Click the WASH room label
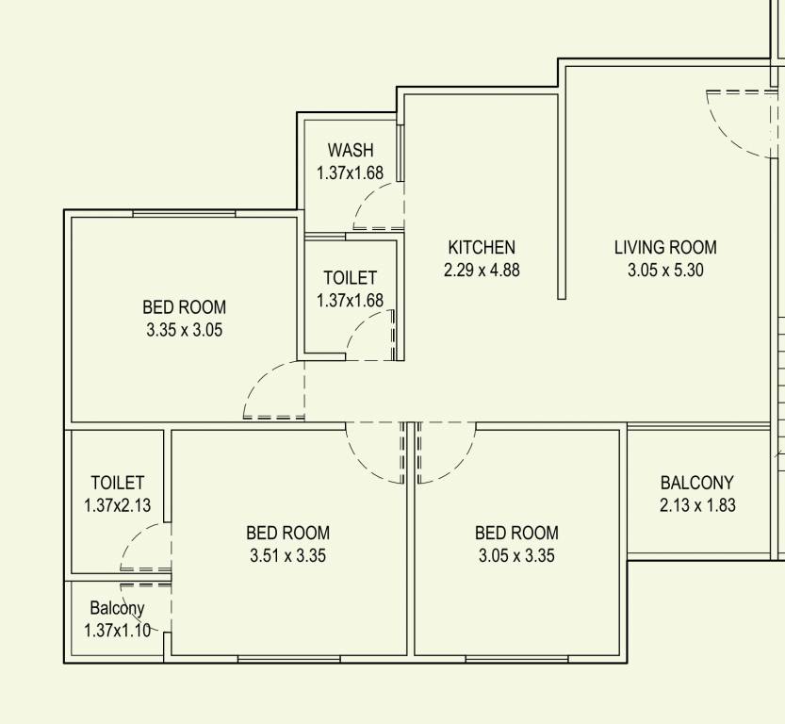tap(351, 150)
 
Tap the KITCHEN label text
tap(482, 248)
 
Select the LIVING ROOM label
tap(665, 248)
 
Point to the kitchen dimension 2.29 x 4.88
tap(482, 270)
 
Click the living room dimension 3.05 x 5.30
tap(665, 270)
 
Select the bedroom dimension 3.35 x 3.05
tap(185, 330)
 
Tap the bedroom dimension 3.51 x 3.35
tap(287, 555)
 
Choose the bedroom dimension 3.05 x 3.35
tap(516, 555)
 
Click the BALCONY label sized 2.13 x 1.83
tap(697, 483)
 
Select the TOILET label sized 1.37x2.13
tap(118, 483)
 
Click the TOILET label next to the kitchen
tap(350, 278)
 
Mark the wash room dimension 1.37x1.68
tap(351, 173)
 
